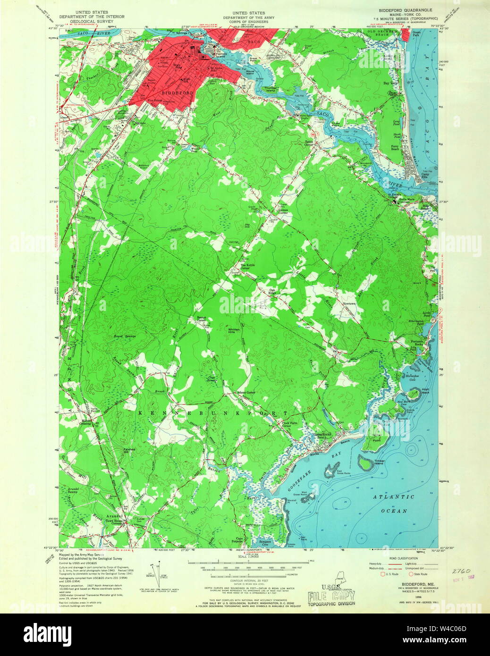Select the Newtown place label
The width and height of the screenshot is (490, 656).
(x=349, y=303)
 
